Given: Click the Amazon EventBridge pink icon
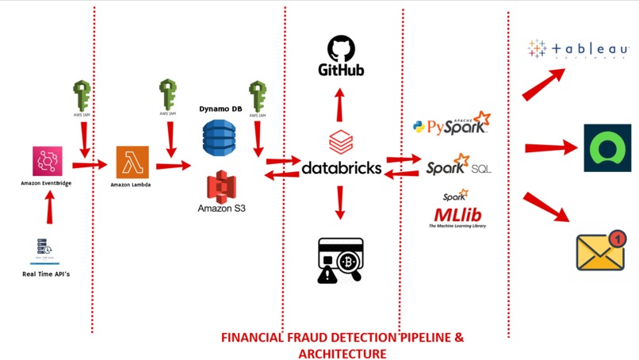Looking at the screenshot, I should coord(48,161).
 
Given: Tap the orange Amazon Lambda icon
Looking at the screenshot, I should coord(131,163).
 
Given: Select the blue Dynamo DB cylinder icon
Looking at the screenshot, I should coord(219,136).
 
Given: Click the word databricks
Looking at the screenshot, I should coord(342,169).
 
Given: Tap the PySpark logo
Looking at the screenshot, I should coord(451,124).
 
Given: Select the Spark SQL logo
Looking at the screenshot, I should coord(457,167).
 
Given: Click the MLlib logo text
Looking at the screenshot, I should coord(457,214).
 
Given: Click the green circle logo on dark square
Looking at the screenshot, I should coord(607,148).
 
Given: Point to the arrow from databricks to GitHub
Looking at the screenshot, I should coord(339,102).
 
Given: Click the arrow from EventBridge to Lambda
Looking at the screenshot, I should coord(89,165).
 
